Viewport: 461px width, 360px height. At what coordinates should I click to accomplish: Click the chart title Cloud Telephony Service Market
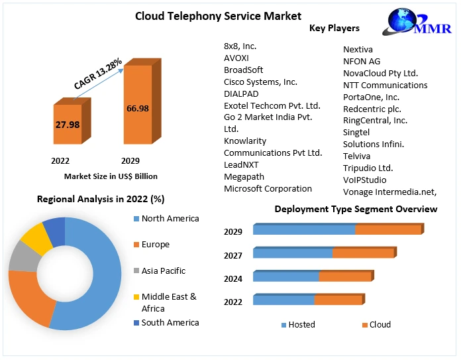209,16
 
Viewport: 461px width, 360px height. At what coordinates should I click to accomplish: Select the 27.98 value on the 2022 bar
67,125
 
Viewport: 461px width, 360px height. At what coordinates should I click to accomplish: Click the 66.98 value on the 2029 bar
138,108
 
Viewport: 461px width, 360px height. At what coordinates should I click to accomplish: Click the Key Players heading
334,29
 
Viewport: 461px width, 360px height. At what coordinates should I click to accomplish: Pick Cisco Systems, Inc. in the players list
260,82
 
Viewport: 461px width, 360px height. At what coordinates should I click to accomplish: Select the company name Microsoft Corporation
268,189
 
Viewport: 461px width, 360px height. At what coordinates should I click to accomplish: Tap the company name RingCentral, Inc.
375,121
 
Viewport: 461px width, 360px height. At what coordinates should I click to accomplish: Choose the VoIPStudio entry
364,180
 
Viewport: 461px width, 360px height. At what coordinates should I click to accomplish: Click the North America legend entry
170,219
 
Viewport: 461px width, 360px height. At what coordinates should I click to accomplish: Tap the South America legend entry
170,323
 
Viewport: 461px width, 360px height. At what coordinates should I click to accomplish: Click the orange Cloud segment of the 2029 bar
388,230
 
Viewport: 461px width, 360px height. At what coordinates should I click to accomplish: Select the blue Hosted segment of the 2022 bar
283,300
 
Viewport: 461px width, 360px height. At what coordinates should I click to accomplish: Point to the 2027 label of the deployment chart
233,256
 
